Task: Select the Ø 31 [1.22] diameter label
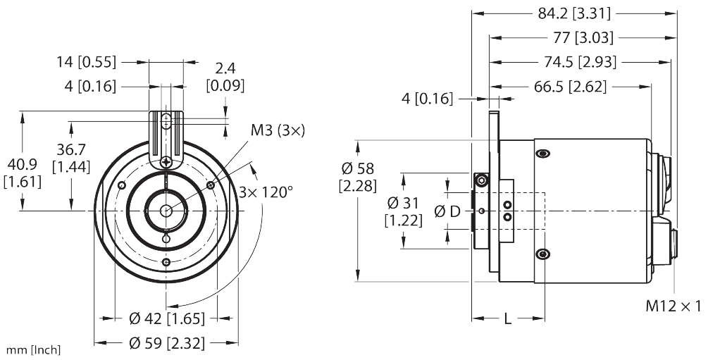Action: click(x=404, y=211)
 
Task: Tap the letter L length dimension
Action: click(x=507, y=319)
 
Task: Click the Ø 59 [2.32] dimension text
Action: click(x=166, y=343)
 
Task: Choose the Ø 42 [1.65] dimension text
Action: click(x=166, y=319)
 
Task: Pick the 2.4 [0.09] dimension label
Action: click(x=225, y=77)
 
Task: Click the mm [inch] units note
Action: click(x=33, y=350)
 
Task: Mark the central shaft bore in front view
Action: click(x=166, y=211)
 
